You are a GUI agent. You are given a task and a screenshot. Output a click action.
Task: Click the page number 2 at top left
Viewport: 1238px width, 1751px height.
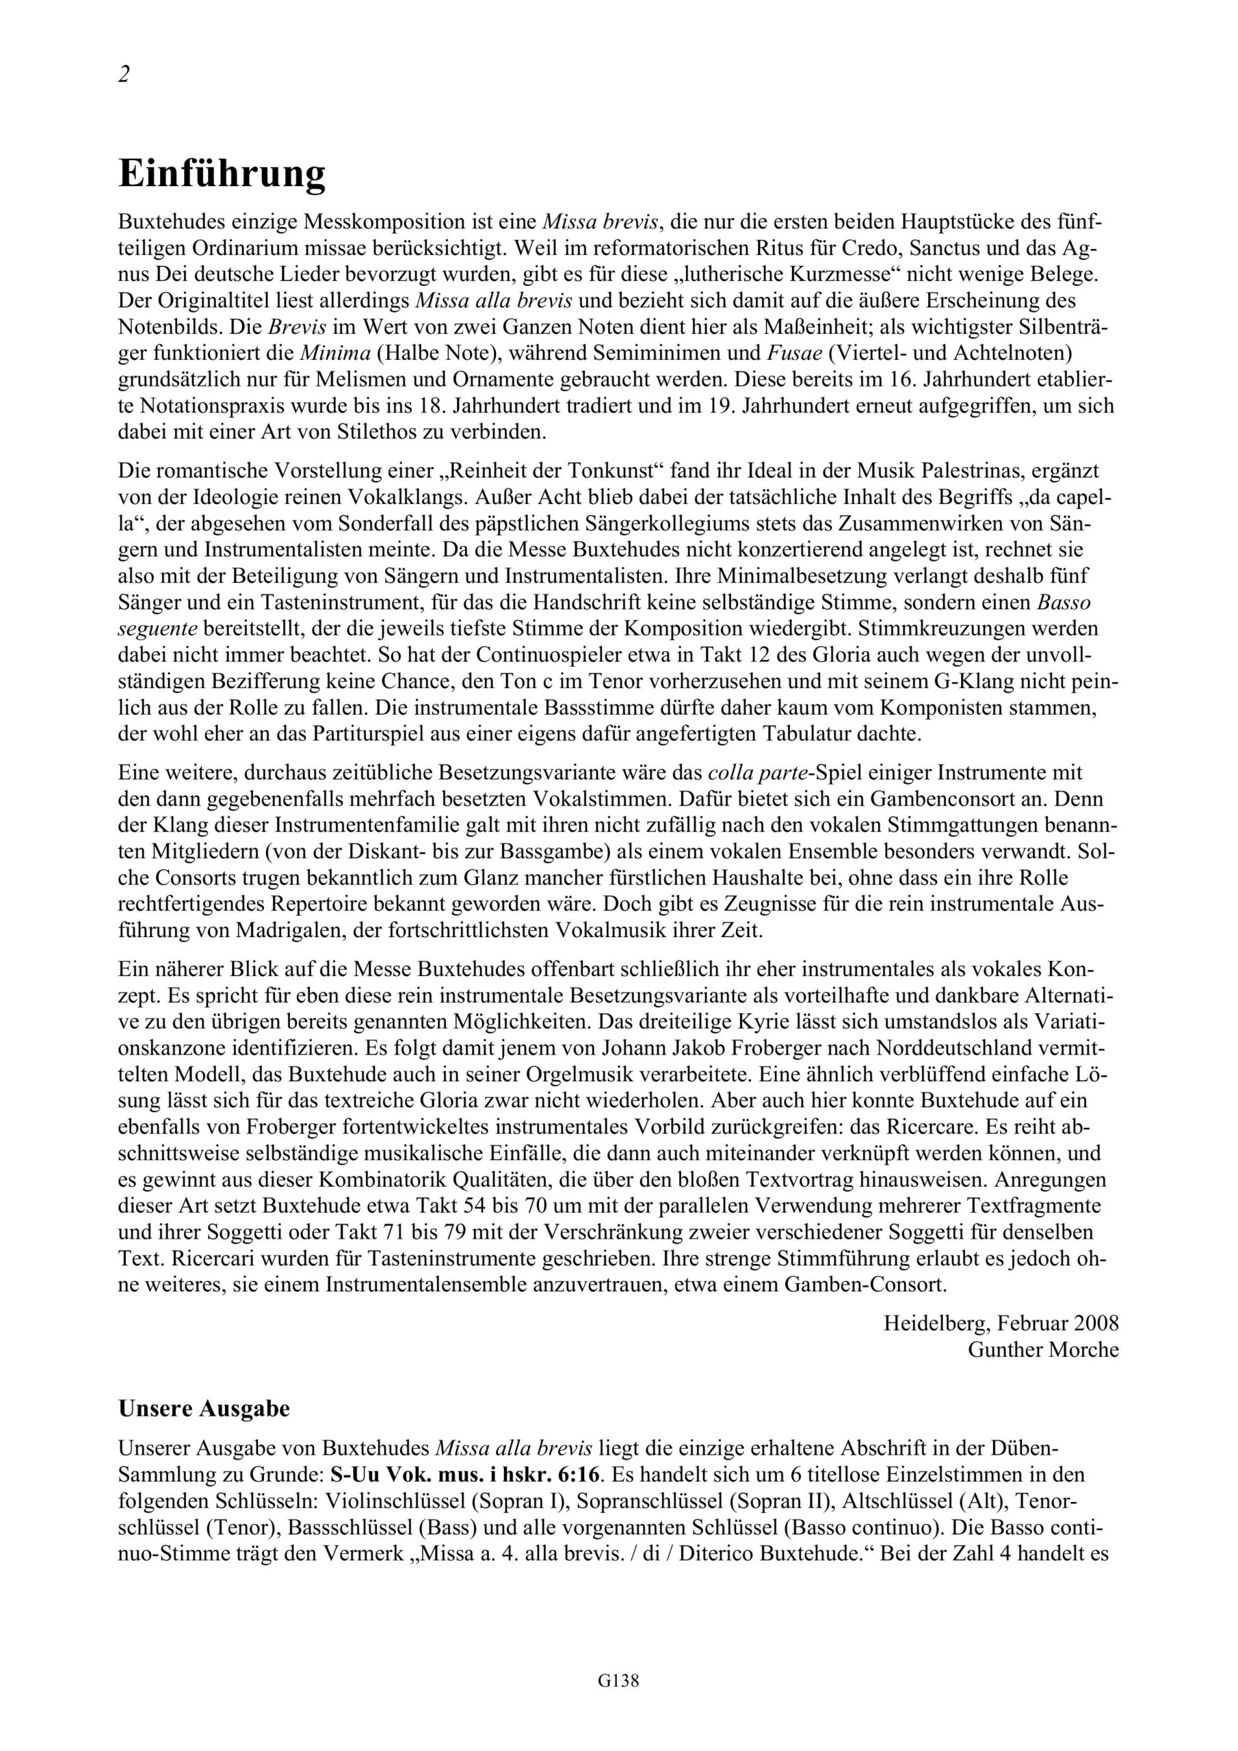pos(124,75)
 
